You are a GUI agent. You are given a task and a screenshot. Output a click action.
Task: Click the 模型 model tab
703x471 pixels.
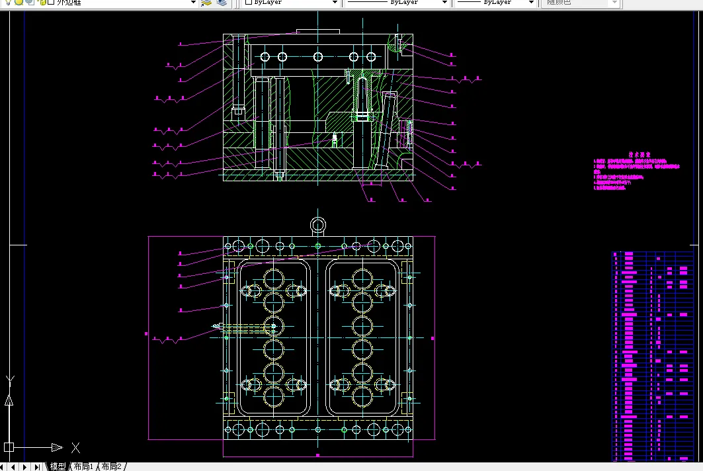point(58,466)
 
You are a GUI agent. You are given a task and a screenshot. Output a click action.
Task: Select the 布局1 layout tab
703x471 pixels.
point(84,466)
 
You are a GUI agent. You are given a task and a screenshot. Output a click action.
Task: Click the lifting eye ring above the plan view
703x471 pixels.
point(318,225)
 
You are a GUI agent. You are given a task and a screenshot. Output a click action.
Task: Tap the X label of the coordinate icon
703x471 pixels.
point(75,447)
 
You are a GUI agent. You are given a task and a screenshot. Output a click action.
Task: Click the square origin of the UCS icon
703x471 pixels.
point(9,447)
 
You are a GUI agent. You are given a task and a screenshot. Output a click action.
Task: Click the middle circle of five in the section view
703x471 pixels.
point(318,57)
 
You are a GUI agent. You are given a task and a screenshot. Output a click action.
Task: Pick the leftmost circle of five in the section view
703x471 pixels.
point(265,57)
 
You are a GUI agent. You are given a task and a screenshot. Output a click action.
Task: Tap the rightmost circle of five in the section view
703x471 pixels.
point(371,57)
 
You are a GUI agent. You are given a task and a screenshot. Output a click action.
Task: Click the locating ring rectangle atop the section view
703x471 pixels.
point(318,31)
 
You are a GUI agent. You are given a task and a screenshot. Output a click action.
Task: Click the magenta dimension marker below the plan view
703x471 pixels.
point(318,456)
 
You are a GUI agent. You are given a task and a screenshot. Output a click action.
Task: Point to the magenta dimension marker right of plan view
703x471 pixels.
point(433,338)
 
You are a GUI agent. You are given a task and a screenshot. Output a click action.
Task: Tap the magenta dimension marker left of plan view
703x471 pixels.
point(146,334)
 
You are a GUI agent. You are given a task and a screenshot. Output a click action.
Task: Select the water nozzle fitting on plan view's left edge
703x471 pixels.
point(217,326)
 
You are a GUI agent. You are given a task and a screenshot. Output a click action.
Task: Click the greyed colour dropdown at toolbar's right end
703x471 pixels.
point(582,3)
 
